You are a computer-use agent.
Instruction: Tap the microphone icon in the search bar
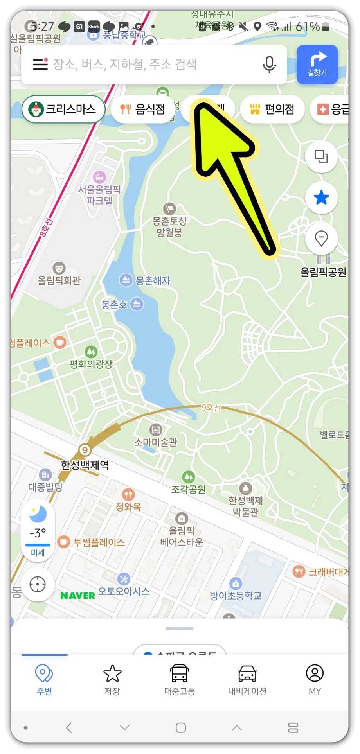[269, 64]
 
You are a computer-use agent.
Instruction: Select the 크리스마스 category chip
[63, 109]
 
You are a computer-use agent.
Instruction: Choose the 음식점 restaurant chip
[143, 109]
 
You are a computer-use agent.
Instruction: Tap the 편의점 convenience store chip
[272, 109]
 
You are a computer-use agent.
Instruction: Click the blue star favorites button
[321, 197]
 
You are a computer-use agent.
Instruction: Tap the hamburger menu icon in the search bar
[40, 64]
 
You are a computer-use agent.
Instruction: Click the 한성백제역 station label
[85, 465]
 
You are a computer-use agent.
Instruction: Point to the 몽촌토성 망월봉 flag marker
[169, 208]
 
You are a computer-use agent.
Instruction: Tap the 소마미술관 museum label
[156, 442]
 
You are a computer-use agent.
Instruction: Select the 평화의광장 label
[91, 364]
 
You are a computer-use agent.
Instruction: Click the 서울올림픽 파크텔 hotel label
[99, 195]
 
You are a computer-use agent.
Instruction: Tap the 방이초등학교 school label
[236, 596]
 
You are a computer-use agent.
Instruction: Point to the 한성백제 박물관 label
[246, 506]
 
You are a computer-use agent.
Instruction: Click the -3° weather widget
[38, 532]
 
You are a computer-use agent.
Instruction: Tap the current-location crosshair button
[38, 584]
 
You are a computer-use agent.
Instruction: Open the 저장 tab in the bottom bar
[112, 680]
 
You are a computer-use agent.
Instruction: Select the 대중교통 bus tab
[180, 680]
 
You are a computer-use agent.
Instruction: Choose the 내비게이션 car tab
[247, 680]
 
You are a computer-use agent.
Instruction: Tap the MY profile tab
[315, 680]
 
